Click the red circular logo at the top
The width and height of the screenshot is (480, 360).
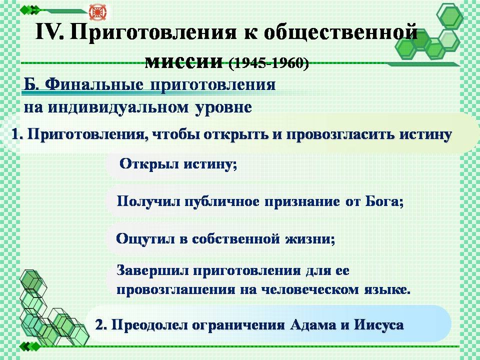pyautogui.click(x=98, y=12)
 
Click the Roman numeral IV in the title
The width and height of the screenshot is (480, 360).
pyautogui.click(x=49, y=32)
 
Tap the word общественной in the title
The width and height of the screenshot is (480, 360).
pyautogui.click(x=340, y=32)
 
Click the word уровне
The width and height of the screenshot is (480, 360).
pyautogui.click(x=223, y=108)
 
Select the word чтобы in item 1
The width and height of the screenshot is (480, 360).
pyautogui.click(x=175, y=134)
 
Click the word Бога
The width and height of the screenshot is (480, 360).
pyautogui.click(x=384, y=201)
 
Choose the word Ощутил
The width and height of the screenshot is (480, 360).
pyautogui.click(x=145, y=239)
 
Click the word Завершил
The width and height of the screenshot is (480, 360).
pyautogui.click(x=152, y=270)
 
